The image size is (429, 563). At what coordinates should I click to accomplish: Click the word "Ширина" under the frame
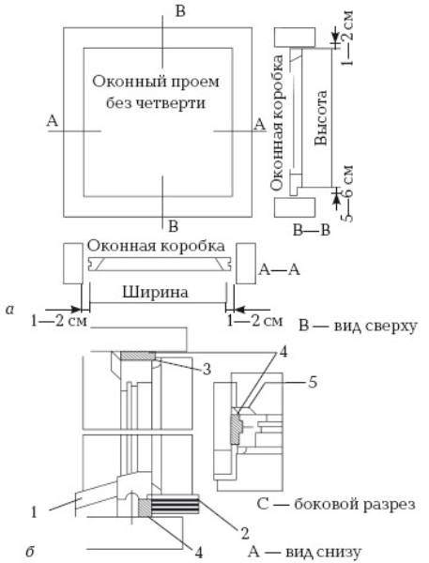tap(155, 292)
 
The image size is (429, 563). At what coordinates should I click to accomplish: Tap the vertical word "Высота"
tap(320, 118)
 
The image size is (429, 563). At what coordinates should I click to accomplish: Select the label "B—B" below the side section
tap(311, 230)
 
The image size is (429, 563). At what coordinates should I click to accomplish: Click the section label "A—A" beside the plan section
tap(279, 269)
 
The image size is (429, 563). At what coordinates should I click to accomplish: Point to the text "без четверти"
tap(156, 103)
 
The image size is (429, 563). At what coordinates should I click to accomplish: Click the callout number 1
tap(34, 511)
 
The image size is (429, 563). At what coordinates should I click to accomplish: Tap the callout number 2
tap(245, 534)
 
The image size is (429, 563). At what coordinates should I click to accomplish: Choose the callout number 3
tap(207, 369)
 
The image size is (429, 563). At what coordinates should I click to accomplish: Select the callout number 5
tap(313, 383)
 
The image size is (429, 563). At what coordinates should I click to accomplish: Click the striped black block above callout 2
tap(175, 506)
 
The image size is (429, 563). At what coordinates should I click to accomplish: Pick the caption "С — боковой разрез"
tap(336, 504)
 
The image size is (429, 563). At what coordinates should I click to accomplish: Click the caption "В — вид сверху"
tap(358, 327)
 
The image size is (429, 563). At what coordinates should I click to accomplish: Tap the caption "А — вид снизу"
tap(305, 552)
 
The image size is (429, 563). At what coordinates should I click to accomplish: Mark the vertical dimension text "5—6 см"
tap(346, 193)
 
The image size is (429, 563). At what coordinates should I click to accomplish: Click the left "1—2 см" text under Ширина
tap(59, 321)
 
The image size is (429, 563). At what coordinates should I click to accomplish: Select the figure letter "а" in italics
tap(9, 309)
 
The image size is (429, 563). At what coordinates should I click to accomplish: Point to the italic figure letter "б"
tap(30, 551)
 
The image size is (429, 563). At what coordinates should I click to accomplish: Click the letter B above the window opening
tap(180, 11)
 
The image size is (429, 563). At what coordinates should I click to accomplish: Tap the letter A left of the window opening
tap(52, 121)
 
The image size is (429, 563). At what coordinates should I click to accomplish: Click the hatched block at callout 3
tap(138, 356)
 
